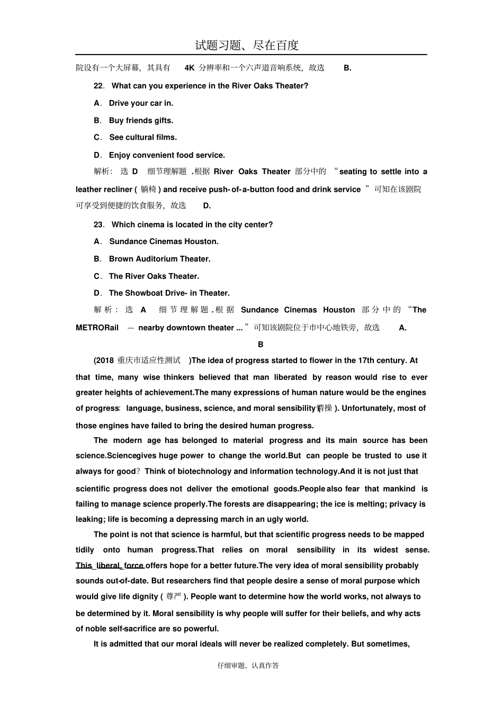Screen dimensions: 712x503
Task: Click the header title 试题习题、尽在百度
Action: [x=247, y=46]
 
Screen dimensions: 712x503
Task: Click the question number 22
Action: [x=98, y=86]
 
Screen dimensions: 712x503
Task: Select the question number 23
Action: [x=98, y=224]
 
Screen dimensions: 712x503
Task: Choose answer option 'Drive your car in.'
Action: [x=141, y=103]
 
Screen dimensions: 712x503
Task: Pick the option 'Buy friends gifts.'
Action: [x=141, y=121]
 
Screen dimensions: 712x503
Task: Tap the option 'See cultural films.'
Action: [x=143, y=137]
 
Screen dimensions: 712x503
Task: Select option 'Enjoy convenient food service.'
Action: [x=167, y=155]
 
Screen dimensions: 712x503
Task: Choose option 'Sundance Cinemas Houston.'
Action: [x=164, y=241]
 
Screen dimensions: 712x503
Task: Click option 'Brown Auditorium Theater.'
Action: [x=159, y=259]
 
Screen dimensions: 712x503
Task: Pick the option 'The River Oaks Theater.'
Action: [x=154, y=276]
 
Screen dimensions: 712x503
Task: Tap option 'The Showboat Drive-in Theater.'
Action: [x=169, y=293]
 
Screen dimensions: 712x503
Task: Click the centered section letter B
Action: [x=261, y=344]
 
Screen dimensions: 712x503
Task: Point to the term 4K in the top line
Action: [x=190, y=68]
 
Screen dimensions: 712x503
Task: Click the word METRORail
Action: [x=97, y=328]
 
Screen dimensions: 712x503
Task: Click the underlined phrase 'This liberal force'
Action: [x=110, y=565]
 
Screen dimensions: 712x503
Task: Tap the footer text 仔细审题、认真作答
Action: [x=248, y=665]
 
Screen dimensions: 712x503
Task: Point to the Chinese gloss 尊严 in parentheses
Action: [x=174, y=597]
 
